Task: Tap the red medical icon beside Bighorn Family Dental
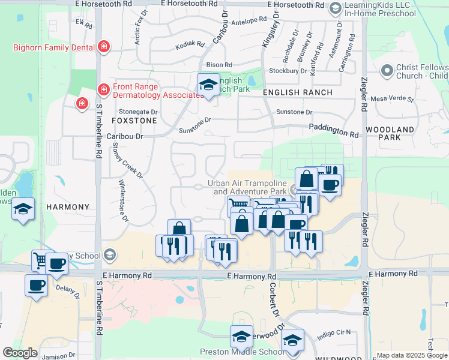[104, 47]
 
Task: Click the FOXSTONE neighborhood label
[134, 121]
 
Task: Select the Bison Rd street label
[219, 65]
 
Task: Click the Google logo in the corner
[19, 353]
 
